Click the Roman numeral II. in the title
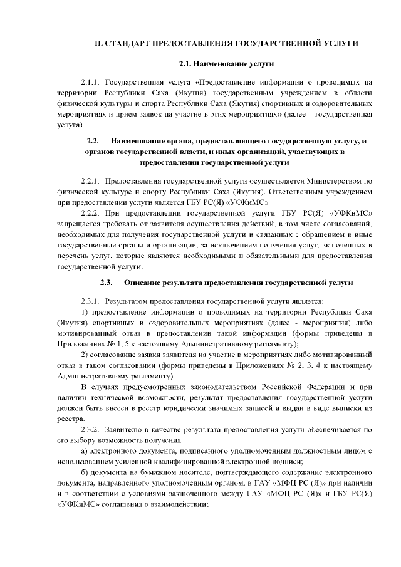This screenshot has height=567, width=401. (x=98, y=43)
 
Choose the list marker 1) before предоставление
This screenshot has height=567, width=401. (x=85, y=312)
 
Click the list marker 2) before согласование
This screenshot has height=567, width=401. (x=85, y=355)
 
